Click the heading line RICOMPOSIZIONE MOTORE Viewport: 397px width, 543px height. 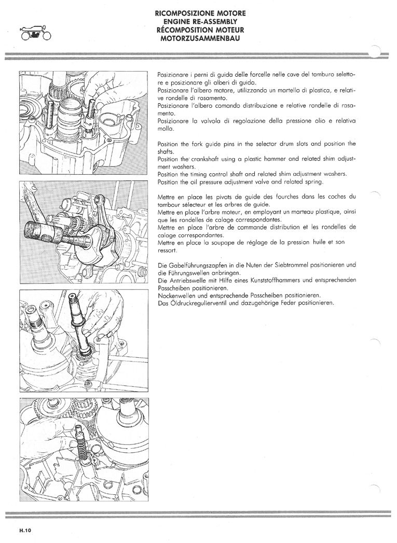(x=201, y=13)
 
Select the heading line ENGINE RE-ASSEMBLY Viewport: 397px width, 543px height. (x=200, y=22)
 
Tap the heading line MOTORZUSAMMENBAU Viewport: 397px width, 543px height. (x=200, y=38)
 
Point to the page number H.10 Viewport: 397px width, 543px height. (x=25, y=530)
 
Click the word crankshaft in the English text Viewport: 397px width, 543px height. (x=206, y=159)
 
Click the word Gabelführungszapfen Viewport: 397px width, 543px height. (x=198, y=265)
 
